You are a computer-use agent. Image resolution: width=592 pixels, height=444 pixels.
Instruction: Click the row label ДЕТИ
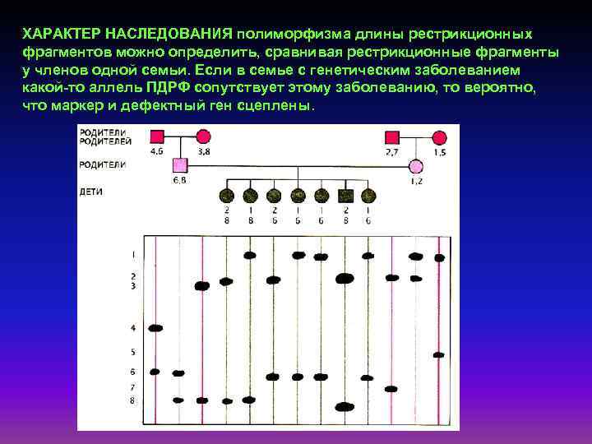pos(90,191)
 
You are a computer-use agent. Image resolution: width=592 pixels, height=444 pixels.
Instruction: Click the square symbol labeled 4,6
pos(156,136)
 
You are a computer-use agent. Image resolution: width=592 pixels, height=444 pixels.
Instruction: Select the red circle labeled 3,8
pos(203,136)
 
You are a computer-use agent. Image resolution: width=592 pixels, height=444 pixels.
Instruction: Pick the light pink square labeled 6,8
pos(180,164)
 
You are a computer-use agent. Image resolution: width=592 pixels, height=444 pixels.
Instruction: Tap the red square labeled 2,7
pos(393,136)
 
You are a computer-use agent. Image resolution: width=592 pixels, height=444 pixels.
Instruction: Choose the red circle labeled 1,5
pos(440,136)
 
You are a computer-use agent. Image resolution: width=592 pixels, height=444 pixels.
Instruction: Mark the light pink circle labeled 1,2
pos(416,164)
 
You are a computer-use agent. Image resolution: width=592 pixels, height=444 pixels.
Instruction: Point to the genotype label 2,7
pos(393,152)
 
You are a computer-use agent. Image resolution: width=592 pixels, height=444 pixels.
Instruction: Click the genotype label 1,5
pos(440,152)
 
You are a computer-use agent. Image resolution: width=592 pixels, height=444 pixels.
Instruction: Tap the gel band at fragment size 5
pos(439,354)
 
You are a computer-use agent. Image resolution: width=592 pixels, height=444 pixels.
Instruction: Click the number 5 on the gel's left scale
pos(132,352)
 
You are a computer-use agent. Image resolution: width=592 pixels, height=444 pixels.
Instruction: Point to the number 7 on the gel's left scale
pos(132,387)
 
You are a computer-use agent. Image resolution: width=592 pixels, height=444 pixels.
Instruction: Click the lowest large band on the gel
pos(345,406)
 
